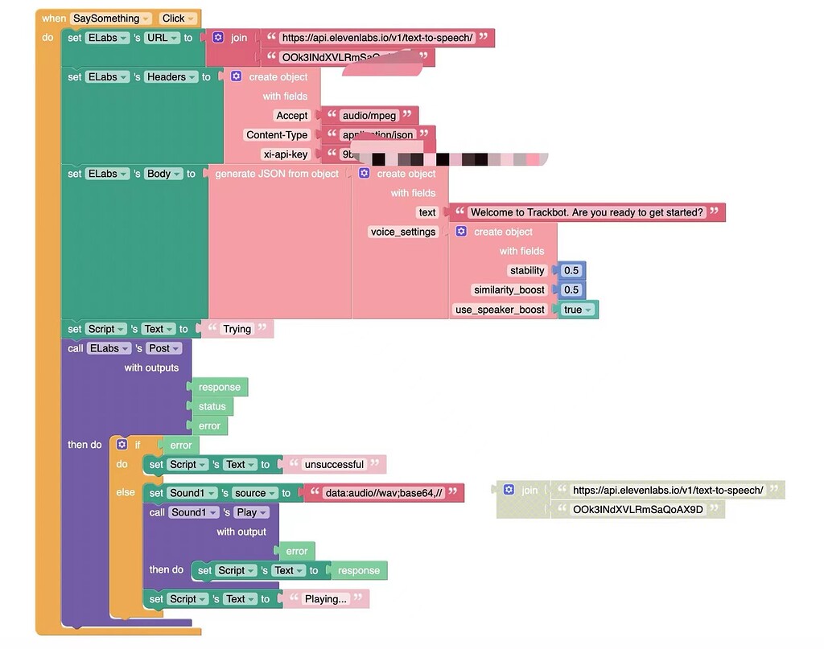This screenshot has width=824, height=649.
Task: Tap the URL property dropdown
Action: point(161,38)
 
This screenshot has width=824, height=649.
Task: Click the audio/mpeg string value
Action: point(369,116)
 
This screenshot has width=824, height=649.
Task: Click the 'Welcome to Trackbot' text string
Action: point(587,212)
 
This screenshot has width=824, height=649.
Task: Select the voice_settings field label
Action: point(402,232)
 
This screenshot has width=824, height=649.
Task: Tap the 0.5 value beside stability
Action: point(571,271)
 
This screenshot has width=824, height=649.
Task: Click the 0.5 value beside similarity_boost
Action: point(571,290)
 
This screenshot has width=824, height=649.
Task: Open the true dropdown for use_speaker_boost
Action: point(578,310)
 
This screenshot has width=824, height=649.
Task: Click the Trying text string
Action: point(237,329)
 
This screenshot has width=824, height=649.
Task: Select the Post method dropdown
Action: point(163,348)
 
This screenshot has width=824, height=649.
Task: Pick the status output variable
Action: point(212,406)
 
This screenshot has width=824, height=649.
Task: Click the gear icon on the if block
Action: point(122,445)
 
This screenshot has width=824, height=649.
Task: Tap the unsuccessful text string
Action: point(333,465)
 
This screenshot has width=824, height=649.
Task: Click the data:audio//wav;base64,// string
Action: point(383,493)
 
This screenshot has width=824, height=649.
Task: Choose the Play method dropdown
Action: point(251,512)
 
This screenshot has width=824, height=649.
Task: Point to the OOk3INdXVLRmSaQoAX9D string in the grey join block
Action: point(637,509)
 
